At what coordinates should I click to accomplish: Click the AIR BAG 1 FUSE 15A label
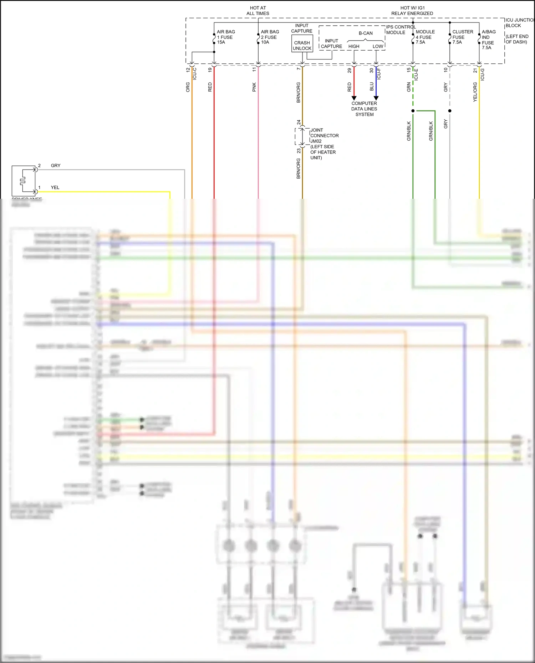[x=225, y=37]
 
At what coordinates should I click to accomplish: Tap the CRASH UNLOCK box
[x=302, y=45]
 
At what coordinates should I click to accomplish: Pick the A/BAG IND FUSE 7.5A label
[x=488, y=40]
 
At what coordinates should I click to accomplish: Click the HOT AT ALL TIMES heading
[x=258, y=11]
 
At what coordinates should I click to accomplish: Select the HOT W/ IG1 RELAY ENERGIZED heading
[x=412, y=11]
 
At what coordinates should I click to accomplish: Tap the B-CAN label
[x=366, y=33]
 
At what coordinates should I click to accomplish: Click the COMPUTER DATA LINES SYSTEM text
[x=364, y=109]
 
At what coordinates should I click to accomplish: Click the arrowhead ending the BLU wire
[x=376, y=98]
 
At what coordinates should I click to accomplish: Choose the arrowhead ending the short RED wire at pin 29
[x=354, y=98]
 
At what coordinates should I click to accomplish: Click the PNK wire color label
[x=254, y=87]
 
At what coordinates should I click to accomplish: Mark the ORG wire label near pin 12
[x=188, y=87]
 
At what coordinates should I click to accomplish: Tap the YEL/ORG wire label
[x=475, y=92]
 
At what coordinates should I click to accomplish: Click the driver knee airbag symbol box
[x=24, y=181]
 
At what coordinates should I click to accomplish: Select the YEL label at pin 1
[x=55, y=187]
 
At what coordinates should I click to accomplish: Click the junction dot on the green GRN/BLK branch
[x=413, y=111]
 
